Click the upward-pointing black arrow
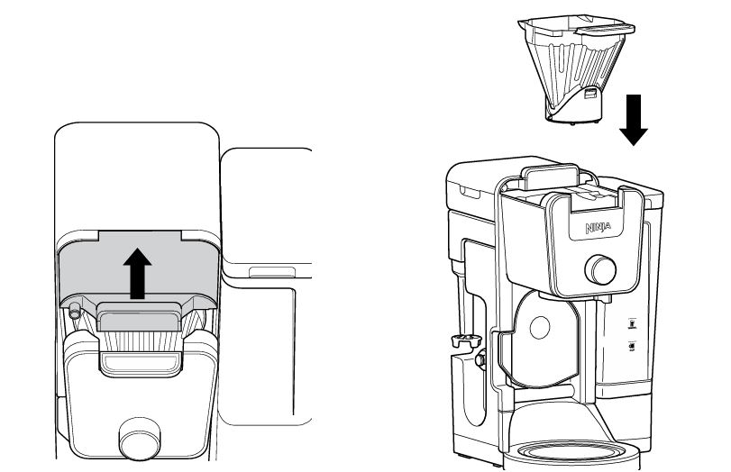[137, 273]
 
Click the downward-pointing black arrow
[633, 120]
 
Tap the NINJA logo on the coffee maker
[599, 228]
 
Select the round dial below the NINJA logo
[600, 269]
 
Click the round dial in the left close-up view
[140, 438]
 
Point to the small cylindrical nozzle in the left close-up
[74, 312]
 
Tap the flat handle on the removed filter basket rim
[605, 30]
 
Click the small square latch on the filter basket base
[589, 94]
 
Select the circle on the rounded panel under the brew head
[540, 328]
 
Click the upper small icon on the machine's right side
[632, 323]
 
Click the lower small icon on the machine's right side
[632, 347]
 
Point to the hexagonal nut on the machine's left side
[480, 359]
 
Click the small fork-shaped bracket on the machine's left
[466, 340]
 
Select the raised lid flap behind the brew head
[549, 177]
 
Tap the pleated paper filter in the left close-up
[141, 341]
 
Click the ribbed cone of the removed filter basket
[573, 70]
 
